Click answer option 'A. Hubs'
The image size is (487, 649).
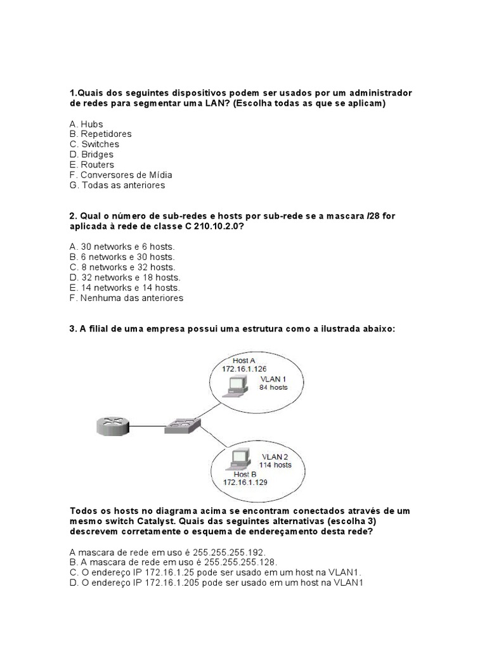click(86, 124)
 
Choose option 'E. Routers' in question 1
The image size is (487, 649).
click(92, 165)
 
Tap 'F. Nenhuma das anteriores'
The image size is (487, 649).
click(126, 297)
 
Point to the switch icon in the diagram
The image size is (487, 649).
click(182, 425)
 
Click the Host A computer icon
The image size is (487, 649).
click(237, 384)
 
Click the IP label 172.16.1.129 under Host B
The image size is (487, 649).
click(246, 482)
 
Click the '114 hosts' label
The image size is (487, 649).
click(275, 465)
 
